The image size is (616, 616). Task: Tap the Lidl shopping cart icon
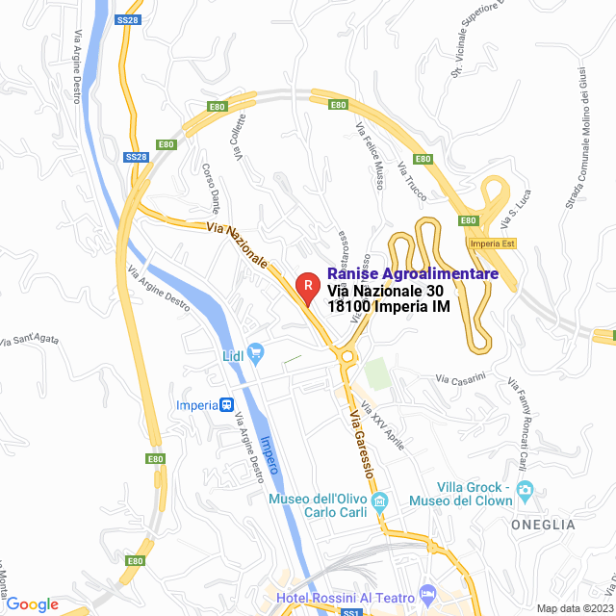pos(255,353)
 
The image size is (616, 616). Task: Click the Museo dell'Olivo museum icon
pos(379,501)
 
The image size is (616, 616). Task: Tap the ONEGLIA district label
pos(543,525)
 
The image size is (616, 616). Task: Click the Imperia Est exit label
pos(500,243)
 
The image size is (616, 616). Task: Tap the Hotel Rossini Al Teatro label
pos(346,599)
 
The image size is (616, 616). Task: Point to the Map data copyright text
pos(574,608)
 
